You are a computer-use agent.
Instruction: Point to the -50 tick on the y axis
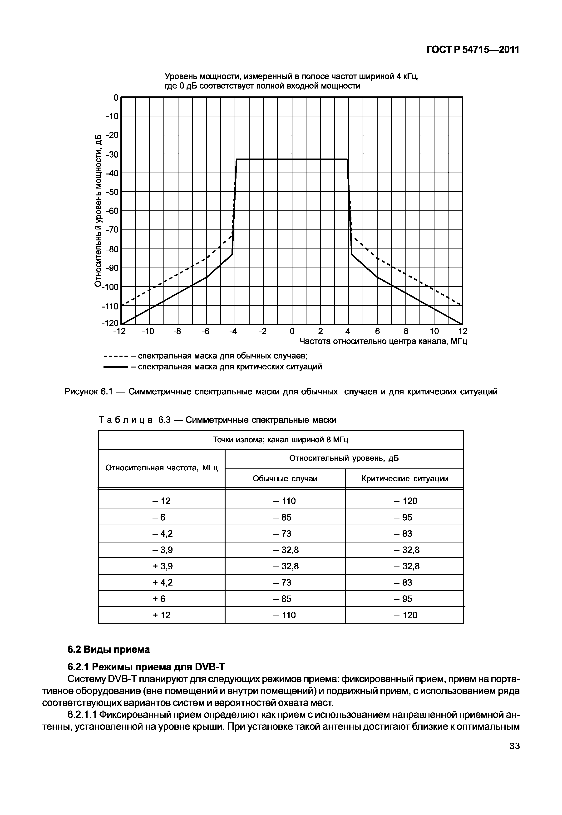tap(113, 192)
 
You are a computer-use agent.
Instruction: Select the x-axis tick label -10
tap(148, 331)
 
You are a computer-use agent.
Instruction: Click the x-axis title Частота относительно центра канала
tap(383, 342)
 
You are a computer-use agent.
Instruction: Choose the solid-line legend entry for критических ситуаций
tap(213, 367)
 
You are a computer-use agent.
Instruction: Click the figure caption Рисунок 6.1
tap(281, 392)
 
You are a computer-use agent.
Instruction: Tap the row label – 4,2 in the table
tap(162, 534)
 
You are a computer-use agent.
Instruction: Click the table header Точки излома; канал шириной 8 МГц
tap(281, 440)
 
